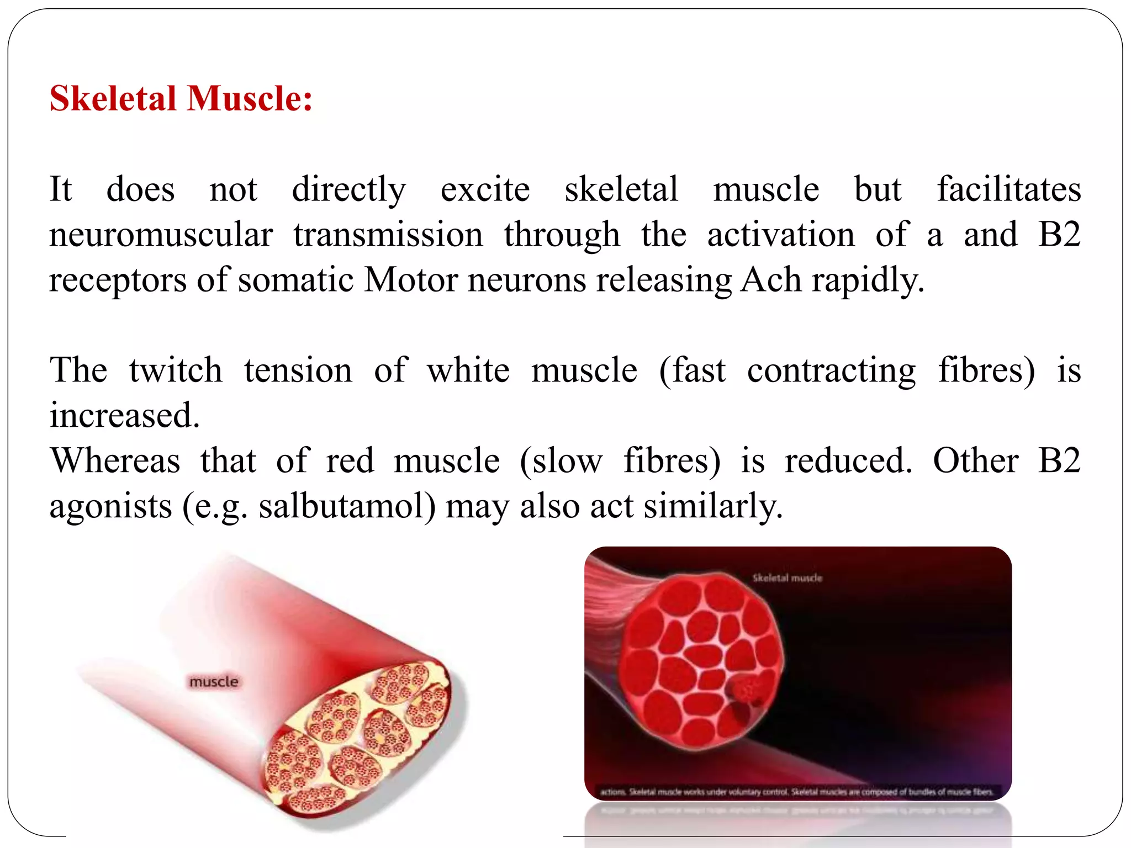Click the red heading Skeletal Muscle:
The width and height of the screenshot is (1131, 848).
pyautogui.click(x=181, y=99)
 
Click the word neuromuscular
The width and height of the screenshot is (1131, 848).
pyautogui.click(x=161, y=235)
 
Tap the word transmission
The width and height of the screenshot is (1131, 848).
pyautogui.click(x=388, y=235)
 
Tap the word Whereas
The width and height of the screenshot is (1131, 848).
pyautogui.click(x=115, y=461)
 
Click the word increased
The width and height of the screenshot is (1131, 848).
pyautogui.click(x=124, y=415)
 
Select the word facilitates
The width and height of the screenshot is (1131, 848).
pyautogui.click(x=1008, y=189)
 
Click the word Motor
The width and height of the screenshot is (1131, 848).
pyautogui.click(x=411, y=280)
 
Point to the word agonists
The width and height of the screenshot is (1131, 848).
pyautogui.click(x=110, y=506)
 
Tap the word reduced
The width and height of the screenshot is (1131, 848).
pyautogui.click(x=848, y=461)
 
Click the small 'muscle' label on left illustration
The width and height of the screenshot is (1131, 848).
pyautogui.click(x=214, y=682)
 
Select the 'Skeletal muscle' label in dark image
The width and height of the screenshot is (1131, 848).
pyautogui.click(x=787, y=578)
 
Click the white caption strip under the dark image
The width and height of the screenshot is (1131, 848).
pyautogui.click(x=797, y=792)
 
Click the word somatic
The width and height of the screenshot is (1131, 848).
pyautogui.click(x=295, y=280)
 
